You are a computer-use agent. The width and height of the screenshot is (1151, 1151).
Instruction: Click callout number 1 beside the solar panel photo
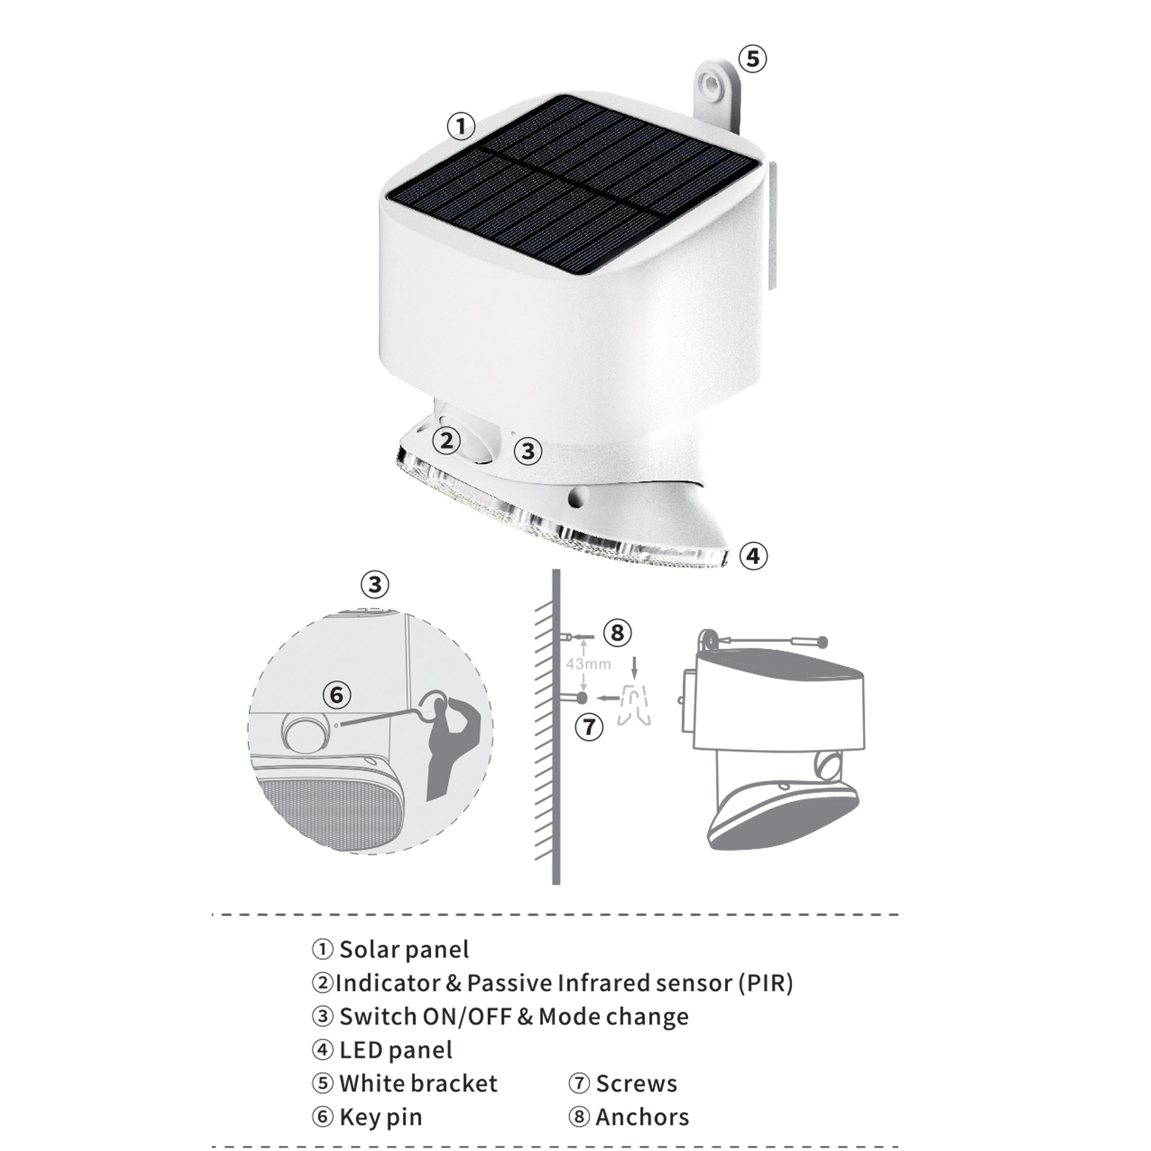click(x=461, y=126)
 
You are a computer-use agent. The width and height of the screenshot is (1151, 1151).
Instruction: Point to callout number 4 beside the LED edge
click(x=753, y=556)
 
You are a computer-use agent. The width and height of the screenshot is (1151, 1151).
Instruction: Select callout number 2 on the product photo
click(x=447, y=441)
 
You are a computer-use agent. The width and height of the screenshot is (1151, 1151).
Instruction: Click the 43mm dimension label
click(x=589, y=664)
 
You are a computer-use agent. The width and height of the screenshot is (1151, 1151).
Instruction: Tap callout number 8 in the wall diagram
click(x=617, y=632)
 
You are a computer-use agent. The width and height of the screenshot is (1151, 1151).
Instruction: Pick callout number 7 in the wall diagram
click(x=589, y=727)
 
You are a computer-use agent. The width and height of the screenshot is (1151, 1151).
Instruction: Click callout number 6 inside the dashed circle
click(x=337, y=695)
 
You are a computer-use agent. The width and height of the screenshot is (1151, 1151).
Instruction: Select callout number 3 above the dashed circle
click(x=375, y=585)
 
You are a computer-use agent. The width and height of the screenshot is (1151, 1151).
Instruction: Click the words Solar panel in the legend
click(x=404, y=950)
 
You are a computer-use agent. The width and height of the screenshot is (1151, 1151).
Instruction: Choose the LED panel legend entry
click(x=395, y=1050)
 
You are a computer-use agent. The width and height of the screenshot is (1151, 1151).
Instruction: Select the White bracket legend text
click(x=418, y=1084)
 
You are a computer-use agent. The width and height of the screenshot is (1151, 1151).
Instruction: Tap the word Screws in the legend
click(x=637, y=1084)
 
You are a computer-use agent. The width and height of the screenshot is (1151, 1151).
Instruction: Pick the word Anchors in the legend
click(x=642, y=1117)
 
